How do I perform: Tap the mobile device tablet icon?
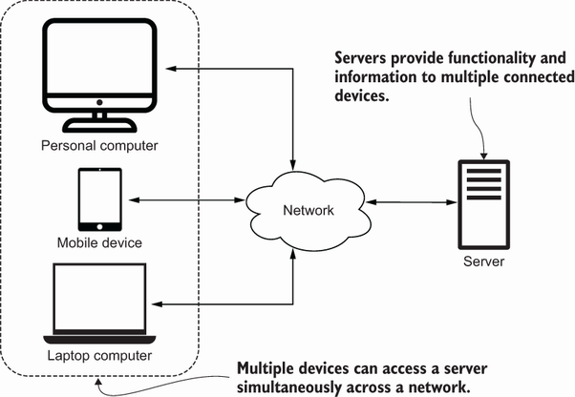(x=99, y=200)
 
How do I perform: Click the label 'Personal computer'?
(x=98, y=146)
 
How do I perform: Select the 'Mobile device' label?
(x=98, y=242)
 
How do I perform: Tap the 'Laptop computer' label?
(x=98, y=357)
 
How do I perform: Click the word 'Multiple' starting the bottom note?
(x=268, y=366)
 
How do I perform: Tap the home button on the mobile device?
(x=99, y=225)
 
